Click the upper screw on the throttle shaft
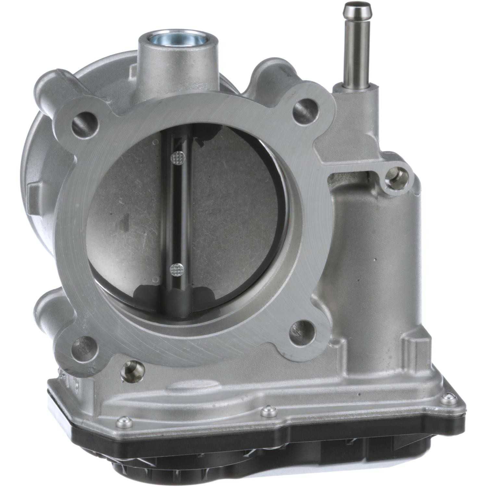pos(177,158)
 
